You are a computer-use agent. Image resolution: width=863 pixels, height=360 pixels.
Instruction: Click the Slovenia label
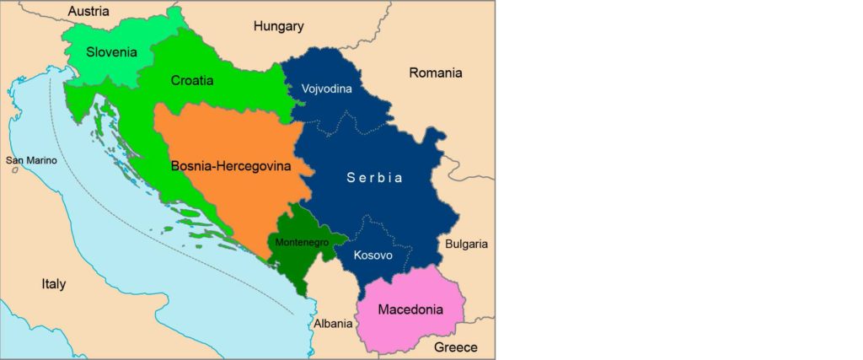pyautogui.click(x=111, y=52)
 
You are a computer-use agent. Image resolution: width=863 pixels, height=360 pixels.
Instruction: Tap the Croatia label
pyautogui.click(x=191, y=81)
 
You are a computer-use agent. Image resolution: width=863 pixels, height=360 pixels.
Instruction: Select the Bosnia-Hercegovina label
pyautogui.click(x=230, y=166)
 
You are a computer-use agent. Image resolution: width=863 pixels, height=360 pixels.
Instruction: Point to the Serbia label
pyautogui.click(x=375, y=178)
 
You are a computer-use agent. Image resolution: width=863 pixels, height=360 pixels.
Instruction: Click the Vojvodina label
pyautogui.click(x=326, y=88)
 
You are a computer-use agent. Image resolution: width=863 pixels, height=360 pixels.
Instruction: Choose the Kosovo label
pyautogui.click(x=373, y=255)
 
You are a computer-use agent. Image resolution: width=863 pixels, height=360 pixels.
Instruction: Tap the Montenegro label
pyautogui.click(x=300, y=242)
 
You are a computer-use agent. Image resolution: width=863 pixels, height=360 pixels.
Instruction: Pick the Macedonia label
pyautogui.click(x=410, y=309)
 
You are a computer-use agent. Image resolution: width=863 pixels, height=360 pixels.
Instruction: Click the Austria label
pyautogui.click(x=88, y=11)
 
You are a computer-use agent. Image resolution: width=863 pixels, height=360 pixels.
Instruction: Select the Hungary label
pyautogui.click(x=278, y=26)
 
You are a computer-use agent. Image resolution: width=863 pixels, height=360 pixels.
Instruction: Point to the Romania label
pyautogui.click(x=436, y=73)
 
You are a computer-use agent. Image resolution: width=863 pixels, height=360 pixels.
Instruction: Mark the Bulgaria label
pyautogui.click(x=466, y=244)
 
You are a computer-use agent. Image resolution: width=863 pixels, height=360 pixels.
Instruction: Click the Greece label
pyautogui.click(x=455, y=347)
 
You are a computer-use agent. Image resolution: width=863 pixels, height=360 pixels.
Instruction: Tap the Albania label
pyautogui.click(x=333, y=324)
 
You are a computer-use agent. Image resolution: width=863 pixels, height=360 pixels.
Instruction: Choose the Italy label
pyautogui.click(x=54, y=284)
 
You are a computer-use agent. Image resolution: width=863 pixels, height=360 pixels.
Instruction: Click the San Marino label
pyautogui.click(x=31, y=160)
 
